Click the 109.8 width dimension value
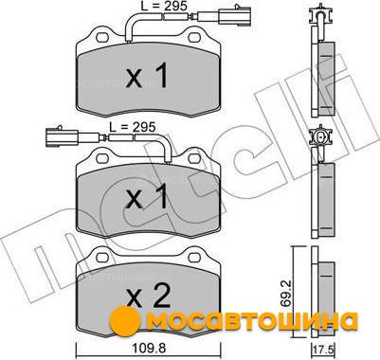coord(149,349)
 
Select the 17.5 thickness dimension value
coord(324,351)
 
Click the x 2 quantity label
coord(149,296)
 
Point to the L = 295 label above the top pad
coord(164,6)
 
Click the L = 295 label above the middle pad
coord(133,127)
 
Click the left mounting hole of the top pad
coord(102,37)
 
